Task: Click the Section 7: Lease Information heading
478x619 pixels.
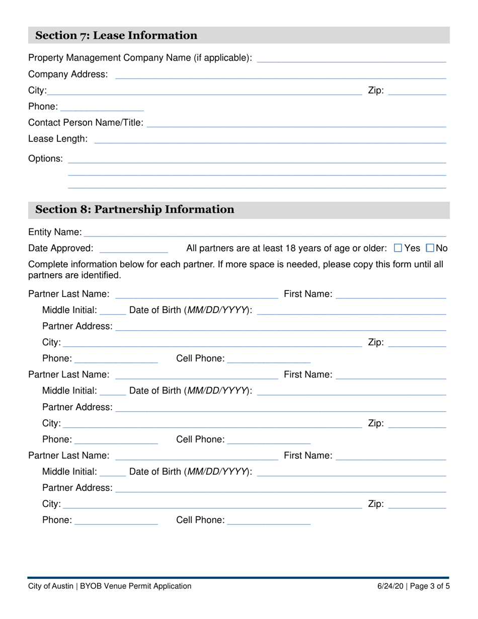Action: tap(116, 35)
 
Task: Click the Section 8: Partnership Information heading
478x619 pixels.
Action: tap(134, 209)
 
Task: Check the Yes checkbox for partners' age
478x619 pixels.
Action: tap(398, 248)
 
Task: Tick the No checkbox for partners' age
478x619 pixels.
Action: tap(430, 248)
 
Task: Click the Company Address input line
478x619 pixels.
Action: tap(280, 75)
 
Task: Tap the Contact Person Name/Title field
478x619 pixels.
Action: tap(296, 123)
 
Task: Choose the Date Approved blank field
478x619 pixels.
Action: tap(133, 249)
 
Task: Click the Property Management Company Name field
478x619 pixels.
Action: tap(351, 58)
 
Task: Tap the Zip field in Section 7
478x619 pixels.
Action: tap(417, 92)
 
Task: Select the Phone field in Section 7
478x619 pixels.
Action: tap(102, 107)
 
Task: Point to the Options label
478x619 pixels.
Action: tap(46, 159)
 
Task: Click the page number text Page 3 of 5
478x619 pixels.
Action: tap(431, 586)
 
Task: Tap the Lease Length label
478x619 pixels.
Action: tap(58, 138)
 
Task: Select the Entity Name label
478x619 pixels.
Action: tap(55, 232)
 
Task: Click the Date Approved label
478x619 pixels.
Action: tap(61, 248)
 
